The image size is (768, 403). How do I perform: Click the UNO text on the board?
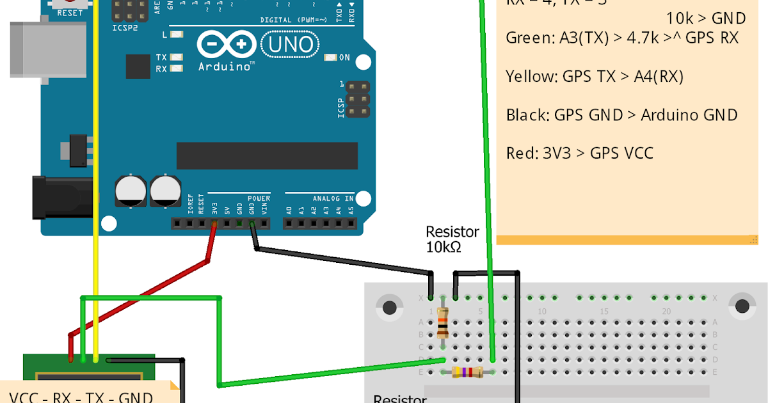click(x=291, y=45)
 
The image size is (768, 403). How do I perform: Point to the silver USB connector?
click(x=29, y=51)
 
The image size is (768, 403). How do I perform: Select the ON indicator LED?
click(x=330, y=58)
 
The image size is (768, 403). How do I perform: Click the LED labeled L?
click(x=177, y=35)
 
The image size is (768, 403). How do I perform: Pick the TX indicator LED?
click(x=177, y=58)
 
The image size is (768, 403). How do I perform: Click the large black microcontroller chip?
click(x=267, y=156)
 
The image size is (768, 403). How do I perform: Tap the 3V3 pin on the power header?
click(x=214, y=223)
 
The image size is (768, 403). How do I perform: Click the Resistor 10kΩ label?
click(x=452, y=239)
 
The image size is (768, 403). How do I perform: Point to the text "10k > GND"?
click(x=706, y=19)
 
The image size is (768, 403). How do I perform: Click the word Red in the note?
click(x=520, y=154)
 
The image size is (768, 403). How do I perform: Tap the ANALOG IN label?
click(x=332, y=198)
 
